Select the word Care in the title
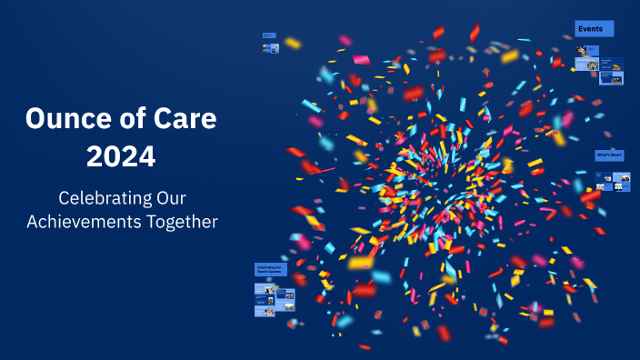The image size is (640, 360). [191, 118]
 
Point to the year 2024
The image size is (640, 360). [121, 155]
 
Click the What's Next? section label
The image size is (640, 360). [609, 155]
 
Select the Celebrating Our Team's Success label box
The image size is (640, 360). [270, 270]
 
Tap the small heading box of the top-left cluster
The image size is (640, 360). [269, 35]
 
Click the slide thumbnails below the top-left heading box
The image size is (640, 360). [271, 49]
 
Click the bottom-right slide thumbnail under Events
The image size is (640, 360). [613, 78]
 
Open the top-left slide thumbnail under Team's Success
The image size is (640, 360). [265, 289]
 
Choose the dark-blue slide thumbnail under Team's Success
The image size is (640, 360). [285, 295]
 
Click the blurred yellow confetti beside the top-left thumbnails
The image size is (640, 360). [292, 43]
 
